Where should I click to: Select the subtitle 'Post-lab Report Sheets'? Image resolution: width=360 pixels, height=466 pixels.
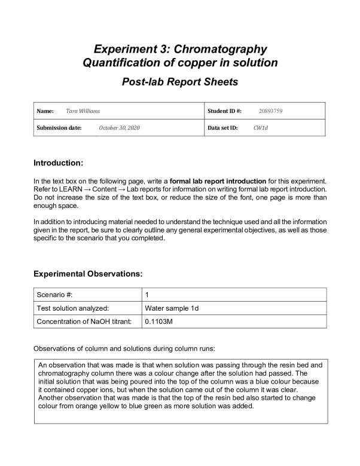point(180,82)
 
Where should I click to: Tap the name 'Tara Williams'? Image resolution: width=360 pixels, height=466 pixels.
point(84,111)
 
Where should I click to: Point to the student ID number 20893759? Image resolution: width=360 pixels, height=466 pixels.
point(271,111)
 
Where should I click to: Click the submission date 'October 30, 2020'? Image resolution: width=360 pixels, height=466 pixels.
point(119,128)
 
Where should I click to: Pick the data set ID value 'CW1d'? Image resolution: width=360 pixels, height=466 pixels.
point(260,128)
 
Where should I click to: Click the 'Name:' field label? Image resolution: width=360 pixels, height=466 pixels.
point(45,111)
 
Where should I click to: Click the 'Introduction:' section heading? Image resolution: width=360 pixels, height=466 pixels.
point(58,163)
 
